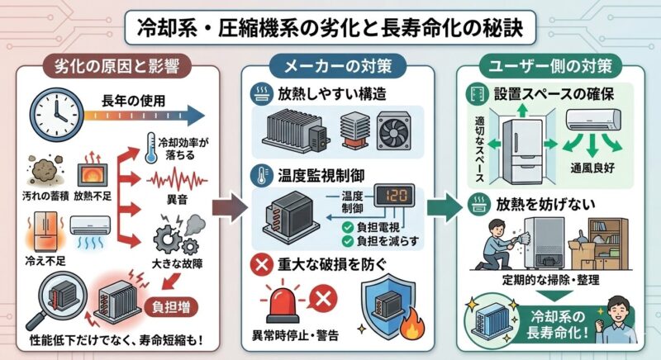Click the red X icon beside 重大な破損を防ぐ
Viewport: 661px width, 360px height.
point(264,264)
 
